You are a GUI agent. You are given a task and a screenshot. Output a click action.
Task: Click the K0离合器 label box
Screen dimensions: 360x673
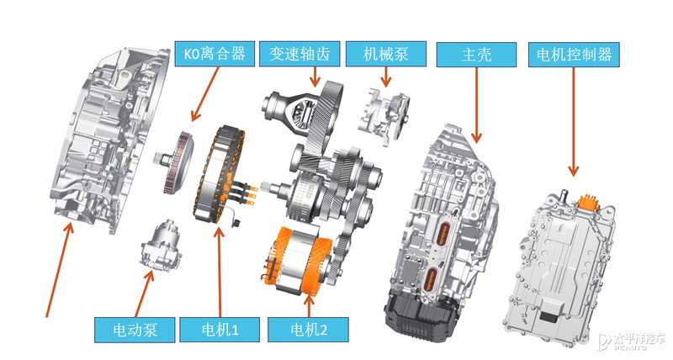(215, 55)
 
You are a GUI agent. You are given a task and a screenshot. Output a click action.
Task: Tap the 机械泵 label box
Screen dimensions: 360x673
(386, 55)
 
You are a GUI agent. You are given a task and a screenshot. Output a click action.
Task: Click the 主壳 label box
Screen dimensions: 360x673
(477, 55)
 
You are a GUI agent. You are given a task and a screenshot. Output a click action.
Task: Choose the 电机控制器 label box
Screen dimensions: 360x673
(573, 55)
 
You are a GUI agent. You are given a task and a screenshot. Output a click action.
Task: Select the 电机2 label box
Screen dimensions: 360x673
(306, 327)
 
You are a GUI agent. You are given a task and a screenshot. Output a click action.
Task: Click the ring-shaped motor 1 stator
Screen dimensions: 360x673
(223, 175)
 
